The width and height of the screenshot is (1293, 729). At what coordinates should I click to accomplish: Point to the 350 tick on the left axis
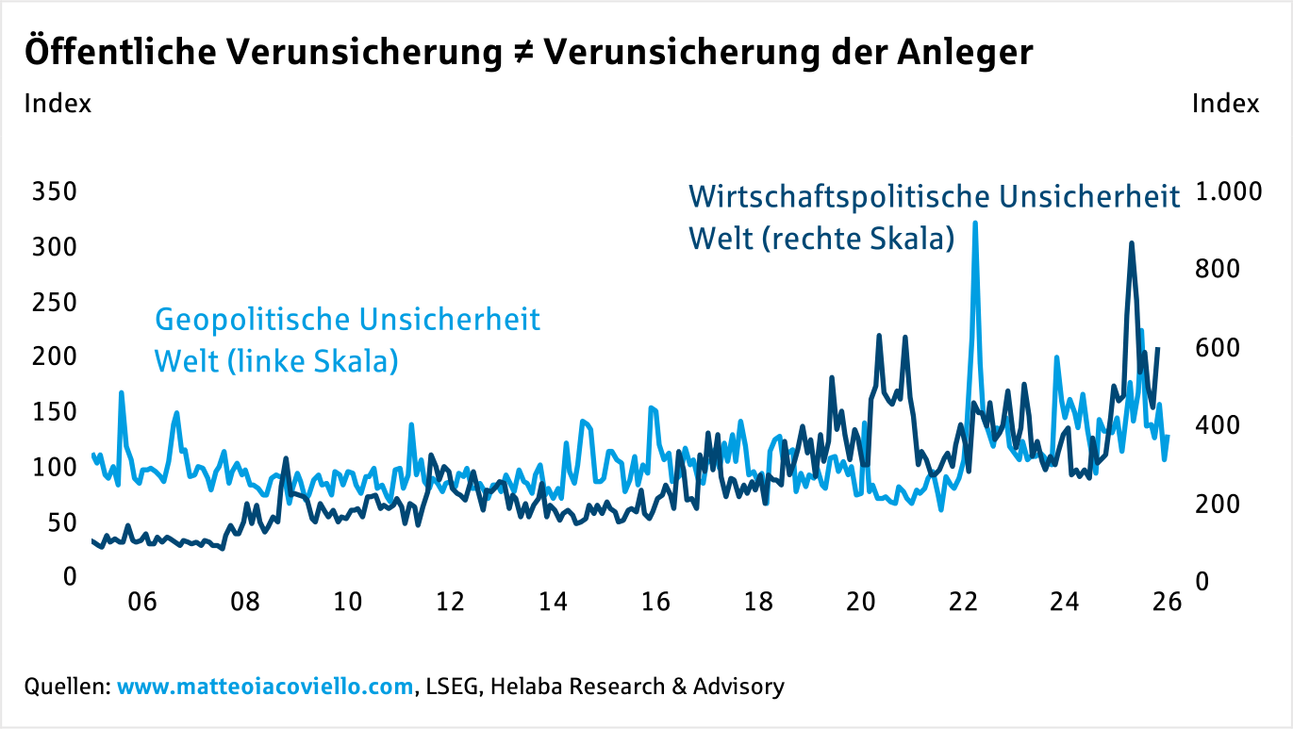54,192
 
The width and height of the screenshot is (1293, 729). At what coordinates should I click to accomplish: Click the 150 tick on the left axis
54,412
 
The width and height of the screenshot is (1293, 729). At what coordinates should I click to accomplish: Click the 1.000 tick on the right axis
1227,192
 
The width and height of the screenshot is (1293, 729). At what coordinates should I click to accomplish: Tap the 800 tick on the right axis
1217,270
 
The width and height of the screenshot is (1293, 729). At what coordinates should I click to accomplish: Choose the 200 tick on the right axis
1217,504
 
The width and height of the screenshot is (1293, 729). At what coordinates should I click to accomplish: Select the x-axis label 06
141,603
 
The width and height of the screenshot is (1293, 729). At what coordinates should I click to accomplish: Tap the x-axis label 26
1168,603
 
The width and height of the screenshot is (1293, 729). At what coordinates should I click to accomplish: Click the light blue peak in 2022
974,224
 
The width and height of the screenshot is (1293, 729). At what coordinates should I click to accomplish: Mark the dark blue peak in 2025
1131,243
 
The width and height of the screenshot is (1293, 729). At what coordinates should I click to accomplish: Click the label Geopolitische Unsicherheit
347,320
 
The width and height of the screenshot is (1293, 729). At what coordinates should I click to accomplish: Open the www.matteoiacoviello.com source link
266,687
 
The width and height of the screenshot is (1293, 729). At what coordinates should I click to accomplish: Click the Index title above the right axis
1225,104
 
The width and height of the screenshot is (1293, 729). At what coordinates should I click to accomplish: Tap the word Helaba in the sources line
522,687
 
